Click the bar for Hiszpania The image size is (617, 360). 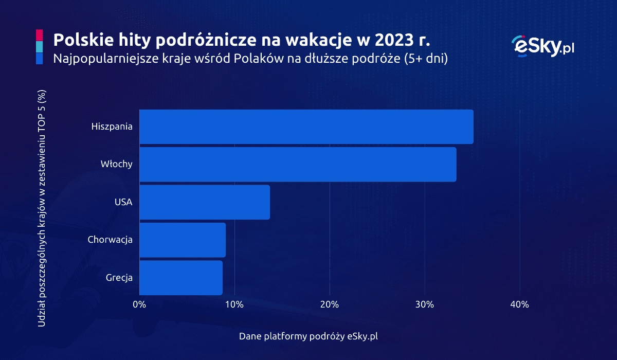[306, 127]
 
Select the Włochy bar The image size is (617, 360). [297, 165]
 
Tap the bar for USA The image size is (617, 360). [204, 202]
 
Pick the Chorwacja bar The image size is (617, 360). [182, 240]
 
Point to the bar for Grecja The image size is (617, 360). [180, 278]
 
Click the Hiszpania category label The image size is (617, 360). [112, 127]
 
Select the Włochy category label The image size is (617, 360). [117, 165]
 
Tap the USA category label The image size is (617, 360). [123, 202]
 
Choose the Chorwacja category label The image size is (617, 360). [110, 240]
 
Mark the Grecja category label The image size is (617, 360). [119, 278]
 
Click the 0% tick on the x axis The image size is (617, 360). [139, 304]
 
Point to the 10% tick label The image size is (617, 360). [234, 304]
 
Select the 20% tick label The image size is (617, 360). [330, 304]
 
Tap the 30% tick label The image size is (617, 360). [425, 304]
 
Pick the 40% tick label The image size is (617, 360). [520, 304]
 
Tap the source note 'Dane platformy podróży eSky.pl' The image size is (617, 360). [308, 336]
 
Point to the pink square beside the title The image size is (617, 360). [40, 35]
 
